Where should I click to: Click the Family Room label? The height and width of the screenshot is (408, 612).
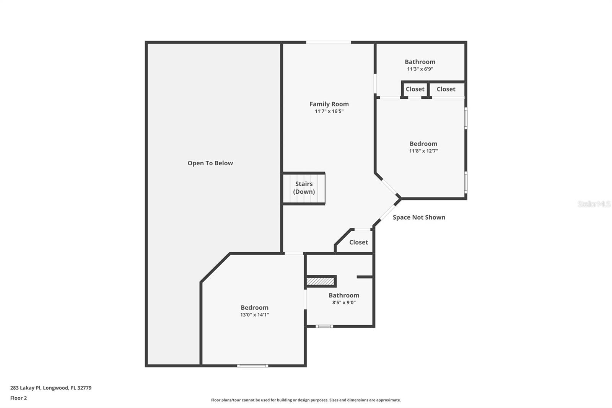[329, 104]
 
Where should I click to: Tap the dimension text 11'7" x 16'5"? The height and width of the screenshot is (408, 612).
[329, 111]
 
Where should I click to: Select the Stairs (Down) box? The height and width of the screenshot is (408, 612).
[304, 188]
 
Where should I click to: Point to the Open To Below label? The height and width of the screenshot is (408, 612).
[210, 163]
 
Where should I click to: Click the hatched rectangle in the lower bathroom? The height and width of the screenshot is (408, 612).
[321, 281]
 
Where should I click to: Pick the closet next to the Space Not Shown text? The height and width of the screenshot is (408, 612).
[358, 242]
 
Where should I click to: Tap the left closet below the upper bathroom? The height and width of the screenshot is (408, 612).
[415, 89]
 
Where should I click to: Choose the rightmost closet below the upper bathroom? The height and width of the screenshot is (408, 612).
[446, 89]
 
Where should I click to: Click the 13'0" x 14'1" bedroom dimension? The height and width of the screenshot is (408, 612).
[254, 315]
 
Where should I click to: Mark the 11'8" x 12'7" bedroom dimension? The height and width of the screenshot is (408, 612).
[423, 151]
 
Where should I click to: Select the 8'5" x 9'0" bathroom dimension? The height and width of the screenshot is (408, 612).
[344, 302]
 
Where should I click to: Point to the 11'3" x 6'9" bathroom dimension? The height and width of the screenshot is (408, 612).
[420, 69]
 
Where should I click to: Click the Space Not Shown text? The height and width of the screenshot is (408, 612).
[419, 217]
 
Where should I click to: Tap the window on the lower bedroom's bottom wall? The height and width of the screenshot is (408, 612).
[252, 366]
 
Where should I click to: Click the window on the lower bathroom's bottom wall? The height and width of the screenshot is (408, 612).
[324, 326]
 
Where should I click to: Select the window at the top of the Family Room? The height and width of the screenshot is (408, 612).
[329, 42]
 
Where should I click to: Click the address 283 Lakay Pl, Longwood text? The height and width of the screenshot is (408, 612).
[51, 388]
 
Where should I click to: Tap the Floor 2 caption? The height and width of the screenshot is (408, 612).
[18, 398]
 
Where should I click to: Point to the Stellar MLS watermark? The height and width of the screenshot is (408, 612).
[594, 204]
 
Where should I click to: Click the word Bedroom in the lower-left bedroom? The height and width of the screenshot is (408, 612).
[254, 308]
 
